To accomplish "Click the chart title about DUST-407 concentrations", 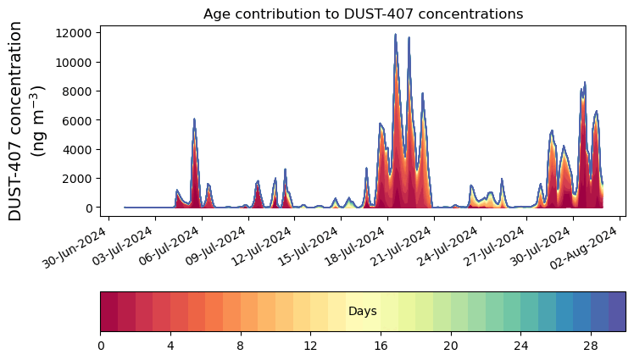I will pyautogui.click(x=363, y=14).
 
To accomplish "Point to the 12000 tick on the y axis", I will pyautogui.click(x=74, y=33).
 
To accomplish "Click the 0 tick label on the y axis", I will pyautogui.click(x=89, y=208).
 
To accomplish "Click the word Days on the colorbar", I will pyautogui.click(x=363, y=312).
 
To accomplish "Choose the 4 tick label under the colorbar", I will pyautogui.click(x=170, y=346).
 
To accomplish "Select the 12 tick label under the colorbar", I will pyautogui.click(x=310, y=346).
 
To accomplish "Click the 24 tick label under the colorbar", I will pyautogui.click(x=520, y=346).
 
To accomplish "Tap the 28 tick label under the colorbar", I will pyautogui.click(x=591, y=346).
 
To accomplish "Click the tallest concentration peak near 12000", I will pyautogui.click(x=395, y=36).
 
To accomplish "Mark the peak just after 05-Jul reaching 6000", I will pyautogui.click(x=194, y=119).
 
